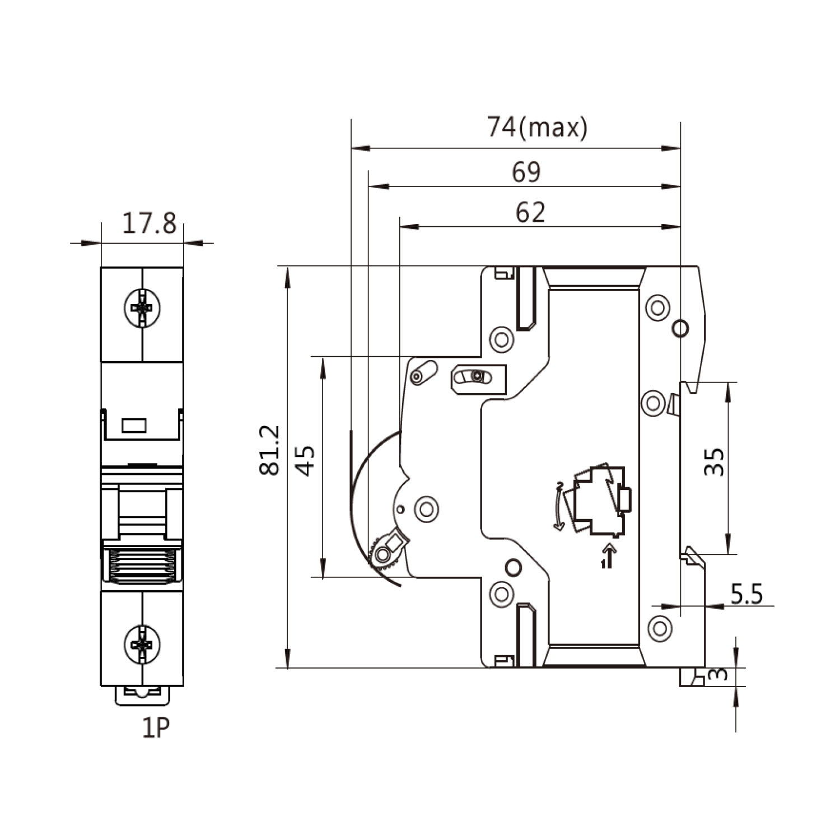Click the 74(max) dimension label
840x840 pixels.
(536, 128)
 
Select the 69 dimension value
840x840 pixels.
(526, 172)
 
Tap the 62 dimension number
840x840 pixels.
(530, 213)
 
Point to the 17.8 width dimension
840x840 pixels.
(149, 223)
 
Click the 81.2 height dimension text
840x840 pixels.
(270, 450)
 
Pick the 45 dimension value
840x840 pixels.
(305, 460)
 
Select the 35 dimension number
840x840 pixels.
(714, 461)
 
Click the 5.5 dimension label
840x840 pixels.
(746, 594)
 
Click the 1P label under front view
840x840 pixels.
(156, 728)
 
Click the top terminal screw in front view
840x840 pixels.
(142, 307)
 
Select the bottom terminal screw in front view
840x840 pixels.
(142, 645)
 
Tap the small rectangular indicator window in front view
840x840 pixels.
(134, 426)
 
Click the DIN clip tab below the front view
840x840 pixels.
(142, 694)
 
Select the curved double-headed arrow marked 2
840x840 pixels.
(558, 506)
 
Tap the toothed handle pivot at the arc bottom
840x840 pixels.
(385, 553)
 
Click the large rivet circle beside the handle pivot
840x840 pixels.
(426, 509)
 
